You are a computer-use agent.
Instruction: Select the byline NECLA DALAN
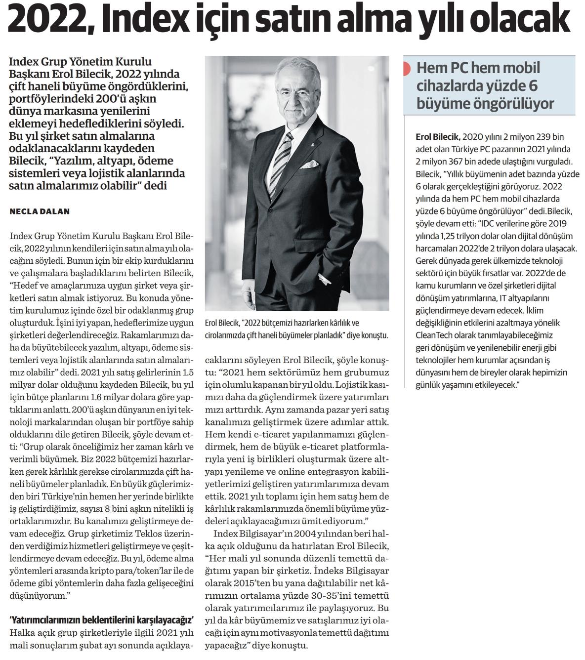tap(40, 211)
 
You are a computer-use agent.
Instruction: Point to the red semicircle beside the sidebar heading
tap(407, 69)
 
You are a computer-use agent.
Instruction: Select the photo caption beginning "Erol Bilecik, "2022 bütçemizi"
tap(296, 329)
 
